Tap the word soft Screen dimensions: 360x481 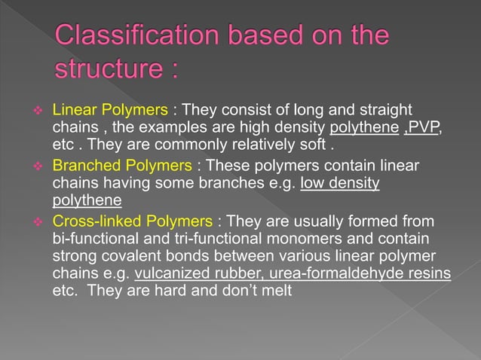point(314,147)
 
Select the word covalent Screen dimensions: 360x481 point(129,257)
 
